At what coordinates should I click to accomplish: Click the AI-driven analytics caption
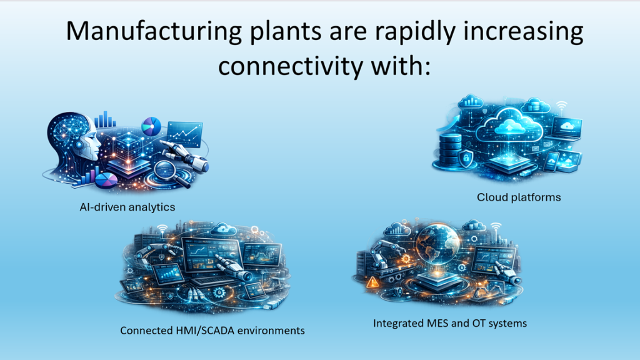127,207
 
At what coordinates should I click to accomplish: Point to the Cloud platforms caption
519,197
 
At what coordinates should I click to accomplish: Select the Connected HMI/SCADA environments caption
212,331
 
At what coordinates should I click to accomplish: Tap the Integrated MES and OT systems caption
450,323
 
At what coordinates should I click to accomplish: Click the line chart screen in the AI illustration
184,134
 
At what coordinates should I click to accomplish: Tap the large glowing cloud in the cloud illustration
510,124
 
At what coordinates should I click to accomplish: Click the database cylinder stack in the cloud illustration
450,148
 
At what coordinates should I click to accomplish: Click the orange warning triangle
372,282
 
